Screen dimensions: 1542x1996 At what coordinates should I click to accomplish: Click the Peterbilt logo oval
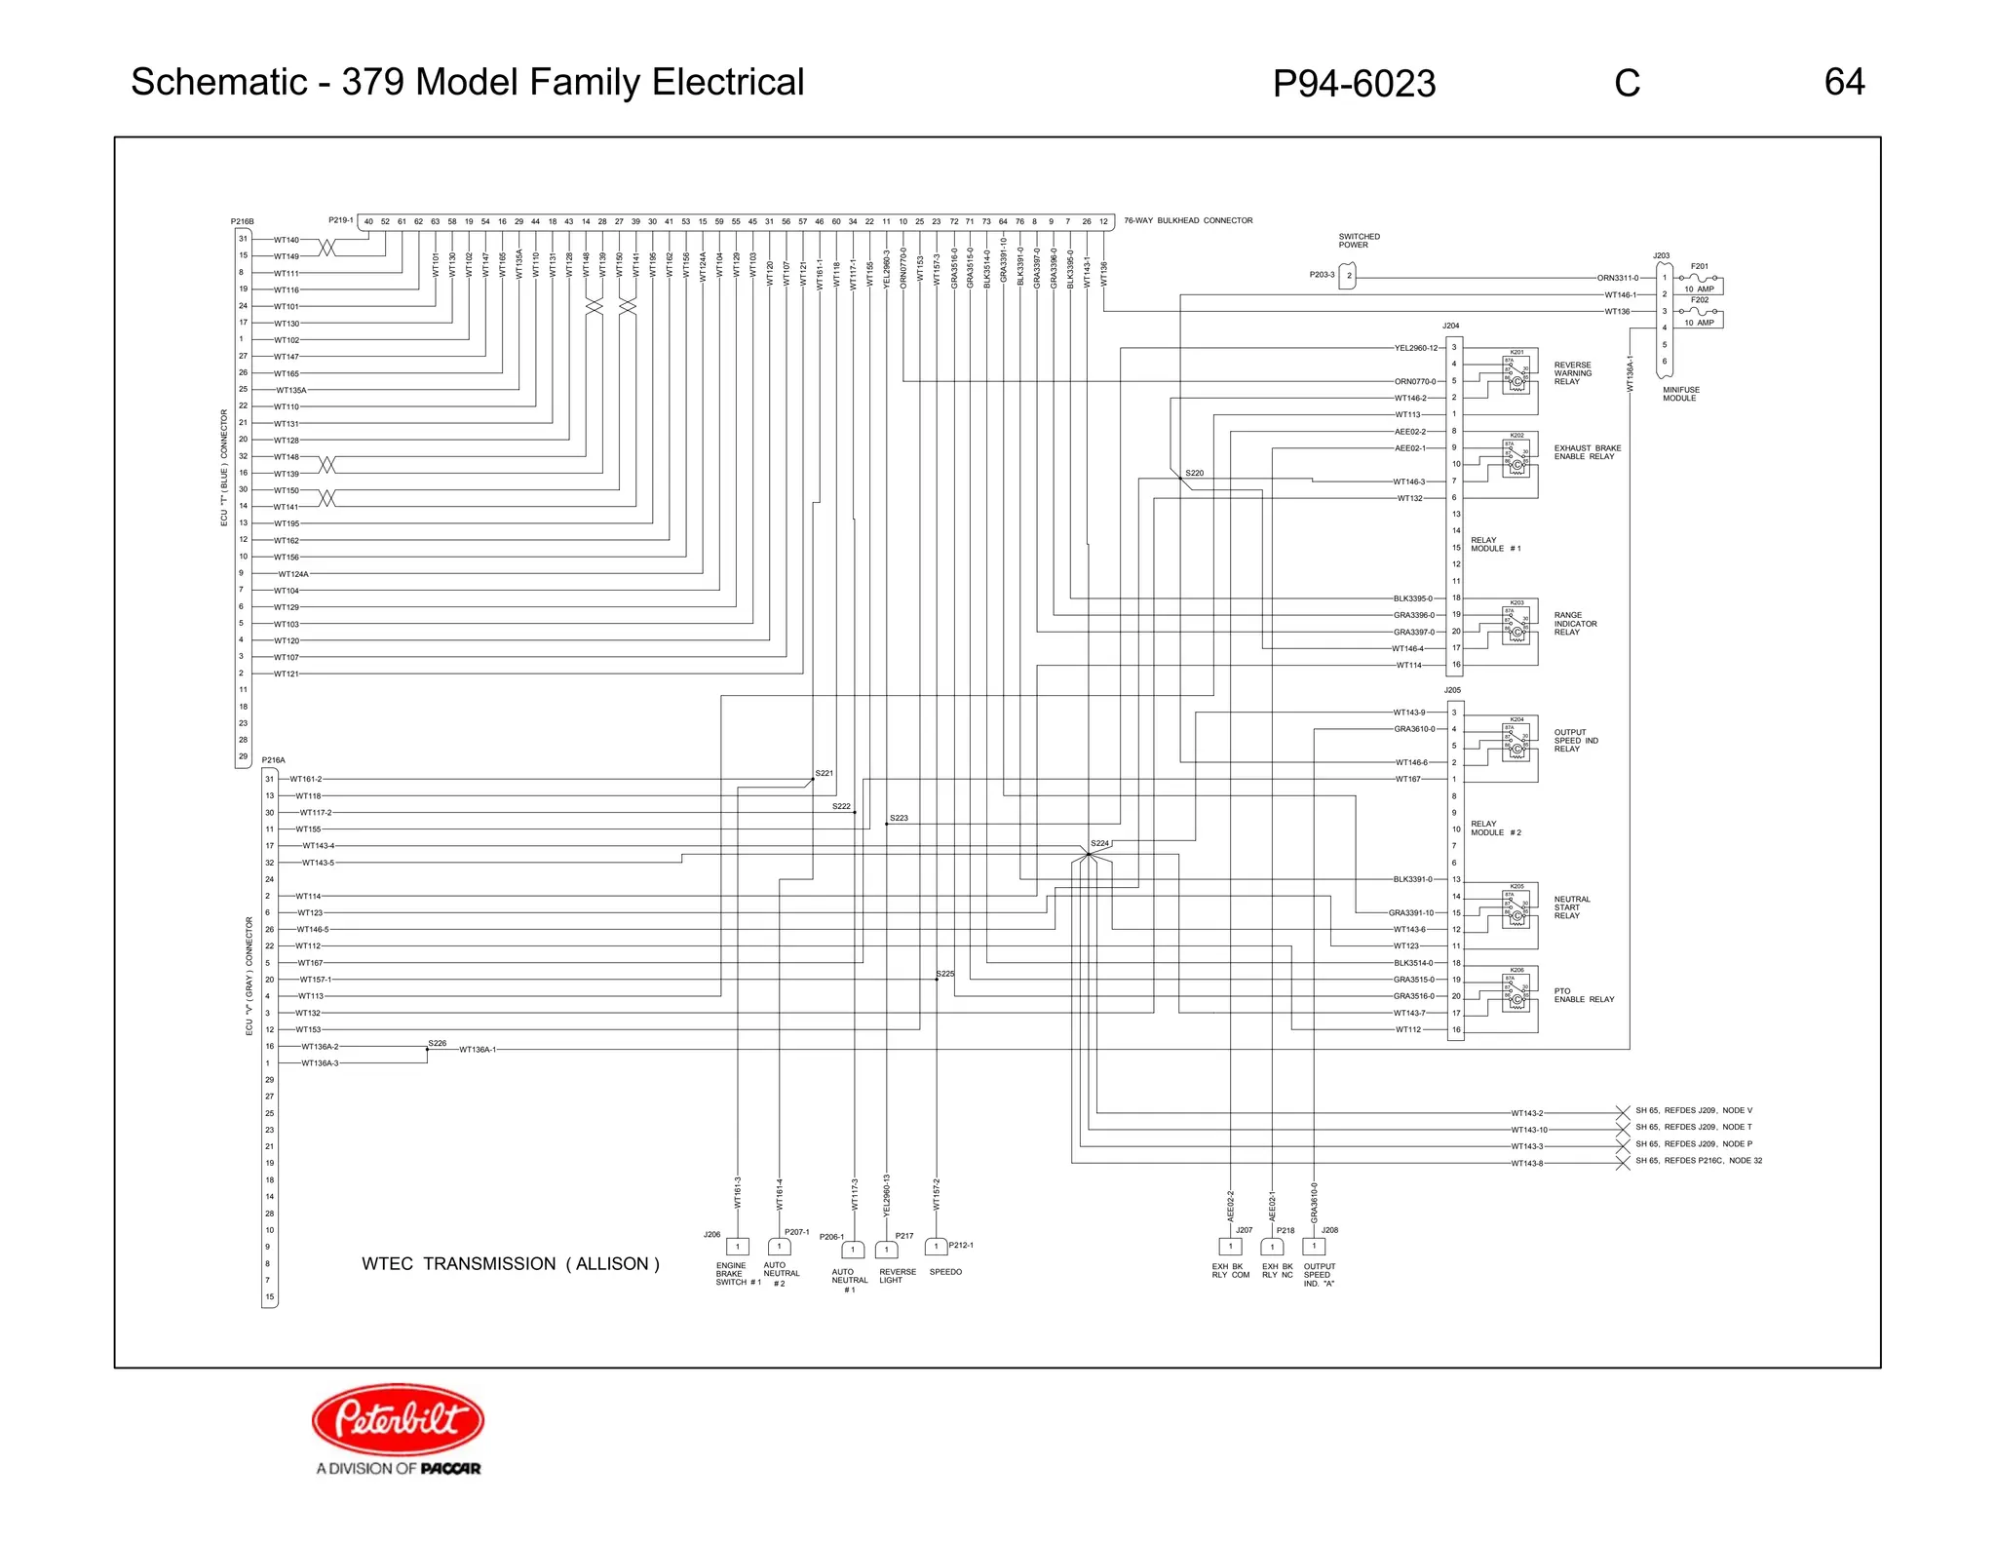pos(398,1419)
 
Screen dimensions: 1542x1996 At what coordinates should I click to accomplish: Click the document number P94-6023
pos(1353,84)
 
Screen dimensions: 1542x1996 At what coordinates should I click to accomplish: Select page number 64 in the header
pos(1844,82)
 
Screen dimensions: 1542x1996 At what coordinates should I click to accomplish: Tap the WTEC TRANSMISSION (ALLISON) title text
pos(511,1263)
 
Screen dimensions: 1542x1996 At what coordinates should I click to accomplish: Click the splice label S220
pos(1194,473)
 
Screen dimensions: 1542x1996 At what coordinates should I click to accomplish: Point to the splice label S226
pos(438,1043)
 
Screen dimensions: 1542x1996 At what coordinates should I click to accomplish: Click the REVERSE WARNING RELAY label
pos(1573,373)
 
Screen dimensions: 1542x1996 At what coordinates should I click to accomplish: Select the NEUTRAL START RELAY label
pos(1571,907)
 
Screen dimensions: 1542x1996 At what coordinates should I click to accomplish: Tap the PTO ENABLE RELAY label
pos(1584,995)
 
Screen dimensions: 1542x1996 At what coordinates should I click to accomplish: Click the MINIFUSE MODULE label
pos(1680,394)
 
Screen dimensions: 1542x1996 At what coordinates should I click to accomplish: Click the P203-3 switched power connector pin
pos(1348,276)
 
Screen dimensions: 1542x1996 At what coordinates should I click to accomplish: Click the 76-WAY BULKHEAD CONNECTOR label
pos(1188,220)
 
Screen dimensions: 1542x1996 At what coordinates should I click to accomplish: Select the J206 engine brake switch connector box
pos(738,1247)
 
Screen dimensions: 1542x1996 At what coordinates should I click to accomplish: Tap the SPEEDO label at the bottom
pos(945,1272)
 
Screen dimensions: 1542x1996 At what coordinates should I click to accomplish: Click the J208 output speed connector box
pos(1314,1246)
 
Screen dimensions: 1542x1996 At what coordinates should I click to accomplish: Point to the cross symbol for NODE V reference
pos(1623,1112)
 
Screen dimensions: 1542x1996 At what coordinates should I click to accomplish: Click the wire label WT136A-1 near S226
pos(478,1050)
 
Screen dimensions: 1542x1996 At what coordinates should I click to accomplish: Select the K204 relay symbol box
pos(1516,738)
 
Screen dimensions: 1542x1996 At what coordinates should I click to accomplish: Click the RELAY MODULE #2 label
pos(1495,829)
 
